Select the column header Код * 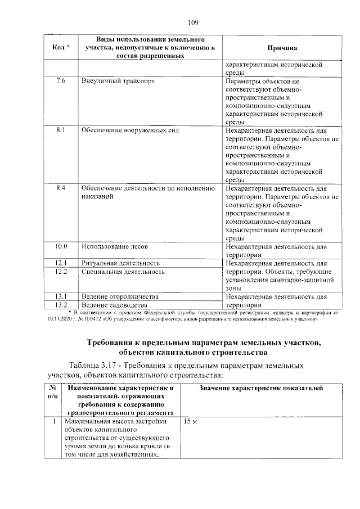(61, 48)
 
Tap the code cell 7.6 (61, 81)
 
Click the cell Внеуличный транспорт (118, 81)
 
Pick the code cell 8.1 (61, 130)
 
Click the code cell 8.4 (61, 188)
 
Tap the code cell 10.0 (61, 246)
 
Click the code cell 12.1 (61, 263)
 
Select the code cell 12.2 (61, 272)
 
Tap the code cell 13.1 (61, 296)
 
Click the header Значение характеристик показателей (262, 388)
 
